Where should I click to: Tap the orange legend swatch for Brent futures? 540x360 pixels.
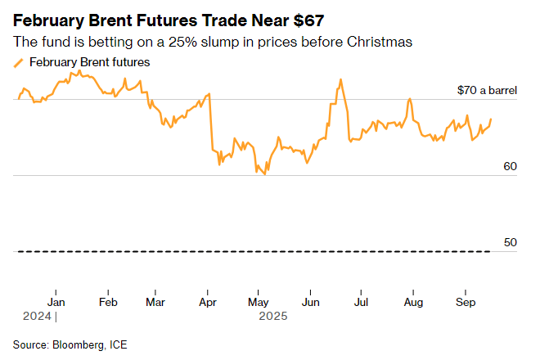point(20,63)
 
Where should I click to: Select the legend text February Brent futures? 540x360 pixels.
point(89,62)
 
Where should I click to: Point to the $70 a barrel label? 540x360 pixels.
point(487,90)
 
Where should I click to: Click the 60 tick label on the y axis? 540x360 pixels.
point(510,166)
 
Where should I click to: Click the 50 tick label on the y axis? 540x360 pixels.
point(510,242)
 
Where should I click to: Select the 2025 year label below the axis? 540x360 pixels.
point(271,315)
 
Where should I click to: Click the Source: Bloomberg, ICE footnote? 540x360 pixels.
point(70,344)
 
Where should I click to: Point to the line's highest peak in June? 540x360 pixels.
point(340,79)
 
